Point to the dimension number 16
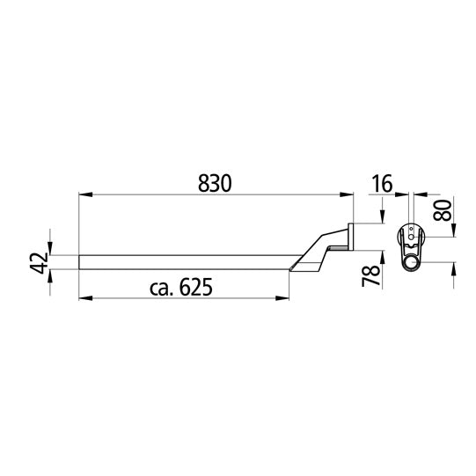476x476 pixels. [x=381, y=184]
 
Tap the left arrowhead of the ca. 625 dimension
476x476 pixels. [x=84, y=299]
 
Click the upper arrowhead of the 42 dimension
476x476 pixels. [x=50, y=250]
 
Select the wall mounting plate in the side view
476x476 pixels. [x=351, y=237]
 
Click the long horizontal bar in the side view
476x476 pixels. [x=185, y=260]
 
